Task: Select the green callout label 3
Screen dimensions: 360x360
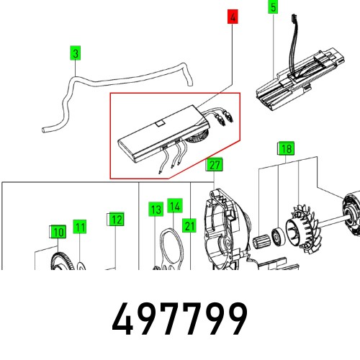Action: [x=75, y=53]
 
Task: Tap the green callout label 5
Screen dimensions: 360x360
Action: [x=273, y=9]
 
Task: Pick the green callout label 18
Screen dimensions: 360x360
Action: [x=287, y=150]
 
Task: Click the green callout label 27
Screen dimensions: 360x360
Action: [x=214, y=166]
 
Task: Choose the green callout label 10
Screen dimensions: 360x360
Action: [x=57, y=231]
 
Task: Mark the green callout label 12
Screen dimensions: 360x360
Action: [x=116, y=220]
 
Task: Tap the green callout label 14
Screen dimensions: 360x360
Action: [x=174, y=206]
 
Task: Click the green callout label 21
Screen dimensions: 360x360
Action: [x=189, y=225]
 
